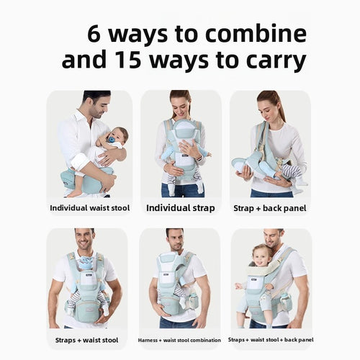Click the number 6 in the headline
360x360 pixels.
[94, 34]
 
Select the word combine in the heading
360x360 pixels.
[256, 33]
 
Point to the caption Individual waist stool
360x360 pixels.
[90, 208]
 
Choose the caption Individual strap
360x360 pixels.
[181, 208]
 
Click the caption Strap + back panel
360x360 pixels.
[270, 208]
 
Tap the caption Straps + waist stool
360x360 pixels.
[86, 340]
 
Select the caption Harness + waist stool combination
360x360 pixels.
[179, 340]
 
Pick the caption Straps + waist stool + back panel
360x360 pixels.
[271, 340]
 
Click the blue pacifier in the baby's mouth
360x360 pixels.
[111, 140]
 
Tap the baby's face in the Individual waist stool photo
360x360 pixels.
[117, 137]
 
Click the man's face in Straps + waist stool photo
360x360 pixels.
[85, 240]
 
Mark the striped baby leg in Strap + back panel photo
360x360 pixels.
[291, 170]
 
